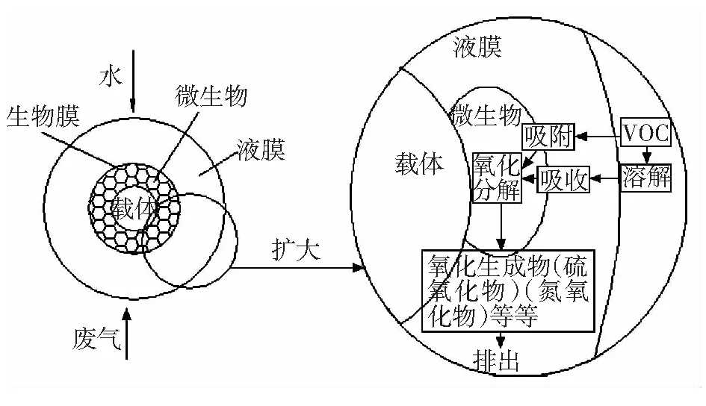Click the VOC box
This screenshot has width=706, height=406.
(645, 133)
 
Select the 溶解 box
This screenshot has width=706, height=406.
(646, 178)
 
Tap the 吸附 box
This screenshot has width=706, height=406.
(548, 137)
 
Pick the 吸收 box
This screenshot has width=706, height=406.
(563, 179)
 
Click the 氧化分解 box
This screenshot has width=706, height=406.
(497, 178)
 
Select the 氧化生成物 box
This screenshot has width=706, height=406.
(508, 291)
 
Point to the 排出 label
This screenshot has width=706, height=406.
(496, 360)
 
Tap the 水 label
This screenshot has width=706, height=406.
(111, 76)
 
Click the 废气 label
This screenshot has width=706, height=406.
(96, 339)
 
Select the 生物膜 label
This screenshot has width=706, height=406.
(43, 116)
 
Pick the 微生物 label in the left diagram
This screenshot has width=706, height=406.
(211, 96)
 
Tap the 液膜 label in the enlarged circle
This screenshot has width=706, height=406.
(477, 46)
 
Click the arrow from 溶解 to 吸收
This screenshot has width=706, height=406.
(605, 178)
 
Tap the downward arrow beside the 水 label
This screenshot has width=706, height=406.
(133, 81)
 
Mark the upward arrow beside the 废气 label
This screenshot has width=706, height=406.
(126, 334)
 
